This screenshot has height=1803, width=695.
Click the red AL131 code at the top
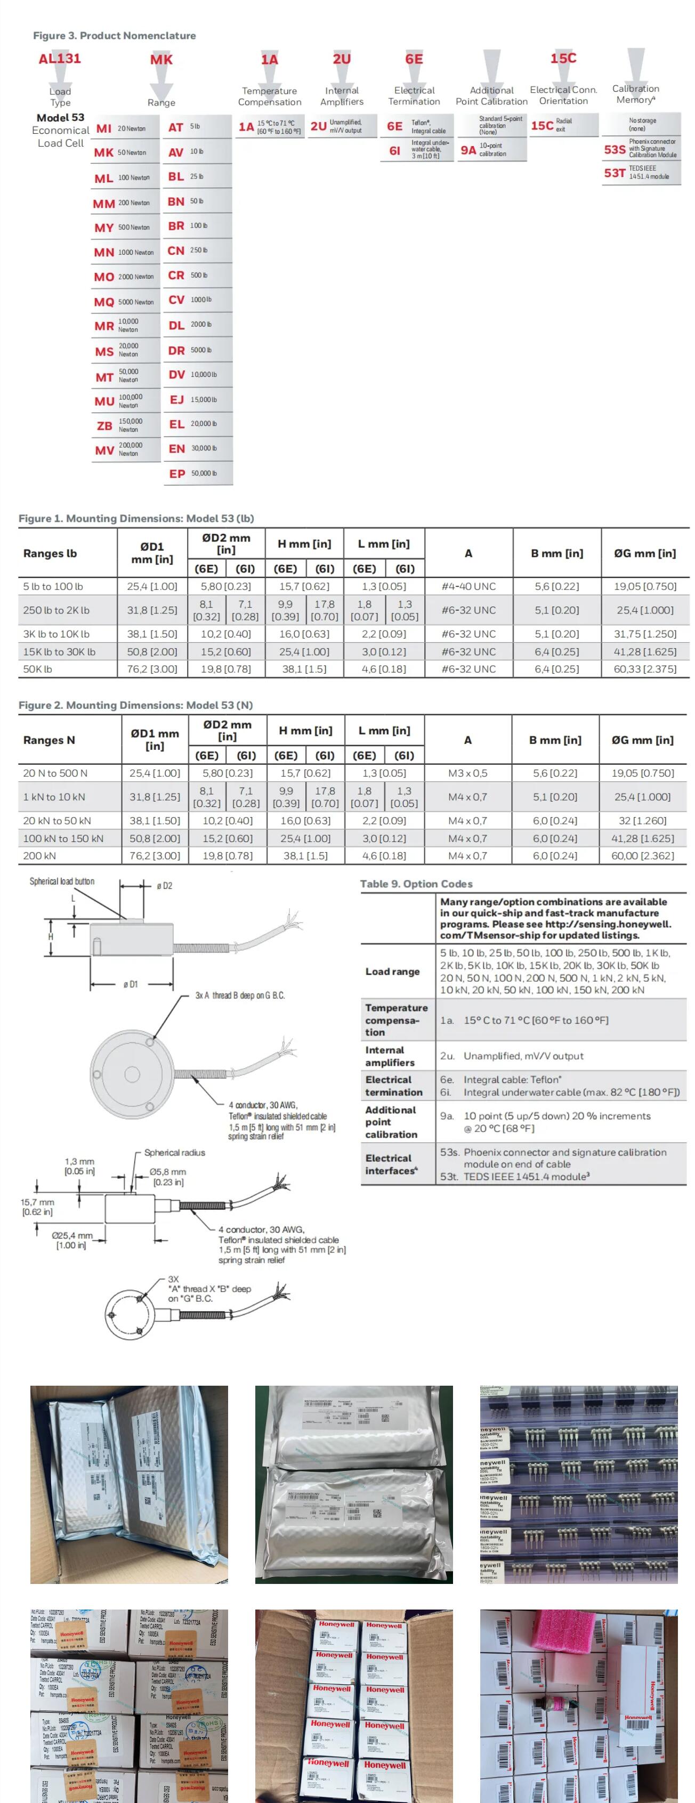(x=60, y=58)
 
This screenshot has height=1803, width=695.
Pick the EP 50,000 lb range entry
(x=197, y=473)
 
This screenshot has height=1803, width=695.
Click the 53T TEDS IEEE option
(x=640, y=172)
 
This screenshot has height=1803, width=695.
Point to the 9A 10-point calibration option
(x=490, y=150)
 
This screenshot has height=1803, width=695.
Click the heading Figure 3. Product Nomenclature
(x=114, y=36)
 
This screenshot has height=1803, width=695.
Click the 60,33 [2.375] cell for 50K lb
(x=644, y=669)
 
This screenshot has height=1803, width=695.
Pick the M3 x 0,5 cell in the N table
(x=467, y=773)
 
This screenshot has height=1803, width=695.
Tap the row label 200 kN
(x=40, y=856)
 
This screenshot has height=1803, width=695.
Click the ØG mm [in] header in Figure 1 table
(x=644, y=553)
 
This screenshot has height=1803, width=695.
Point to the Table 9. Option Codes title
(x=416, y=884)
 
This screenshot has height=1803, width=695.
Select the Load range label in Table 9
(x=393, y=972)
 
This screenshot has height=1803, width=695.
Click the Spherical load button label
(x=62, y=881)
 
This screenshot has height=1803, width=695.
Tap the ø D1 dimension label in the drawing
(x=131, y=984)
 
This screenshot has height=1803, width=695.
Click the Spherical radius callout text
(x=174, y=1152)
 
